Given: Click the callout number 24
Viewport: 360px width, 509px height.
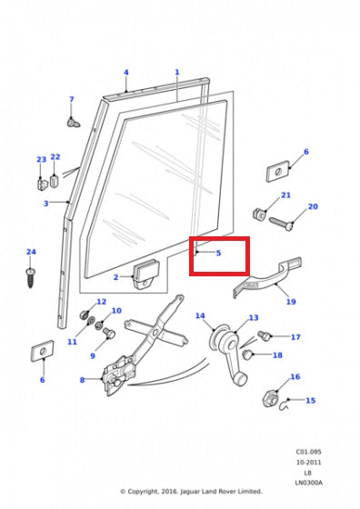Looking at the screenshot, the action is point(31,252).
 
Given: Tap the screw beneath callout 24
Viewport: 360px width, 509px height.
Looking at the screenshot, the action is point(31,277).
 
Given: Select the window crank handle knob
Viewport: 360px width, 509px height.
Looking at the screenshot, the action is point(240,379).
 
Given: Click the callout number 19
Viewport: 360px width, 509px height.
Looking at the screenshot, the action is point(291,302).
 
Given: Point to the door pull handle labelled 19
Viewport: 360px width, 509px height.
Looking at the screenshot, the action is point(267,277).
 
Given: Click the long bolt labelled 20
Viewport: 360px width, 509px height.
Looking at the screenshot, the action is point(281,224).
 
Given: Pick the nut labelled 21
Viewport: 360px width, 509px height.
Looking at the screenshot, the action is point(259,214).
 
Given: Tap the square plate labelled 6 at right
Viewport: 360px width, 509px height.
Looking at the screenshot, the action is point(278,171).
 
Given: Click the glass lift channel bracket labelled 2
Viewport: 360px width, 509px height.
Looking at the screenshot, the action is point(146,274).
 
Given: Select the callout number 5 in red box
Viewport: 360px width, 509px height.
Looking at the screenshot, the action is point(218,253).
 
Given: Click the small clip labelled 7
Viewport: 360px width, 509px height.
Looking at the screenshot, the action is point(73,123).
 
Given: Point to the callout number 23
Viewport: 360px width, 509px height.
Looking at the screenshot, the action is point(41,159).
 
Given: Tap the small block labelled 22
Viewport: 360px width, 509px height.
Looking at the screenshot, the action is point(55,181).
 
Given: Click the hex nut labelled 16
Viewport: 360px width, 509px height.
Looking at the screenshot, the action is point(270,399).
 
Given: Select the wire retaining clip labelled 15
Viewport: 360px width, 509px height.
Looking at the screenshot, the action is point(284,404).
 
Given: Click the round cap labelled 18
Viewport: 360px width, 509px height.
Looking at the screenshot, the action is point(247,354).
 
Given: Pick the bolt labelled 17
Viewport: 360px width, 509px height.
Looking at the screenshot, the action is point(264,335).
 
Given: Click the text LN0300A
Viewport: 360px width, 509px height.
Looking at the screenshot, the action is point(309,483).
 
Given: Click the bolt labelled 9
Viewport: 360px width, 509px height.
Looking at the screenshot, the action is point(109,333).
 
